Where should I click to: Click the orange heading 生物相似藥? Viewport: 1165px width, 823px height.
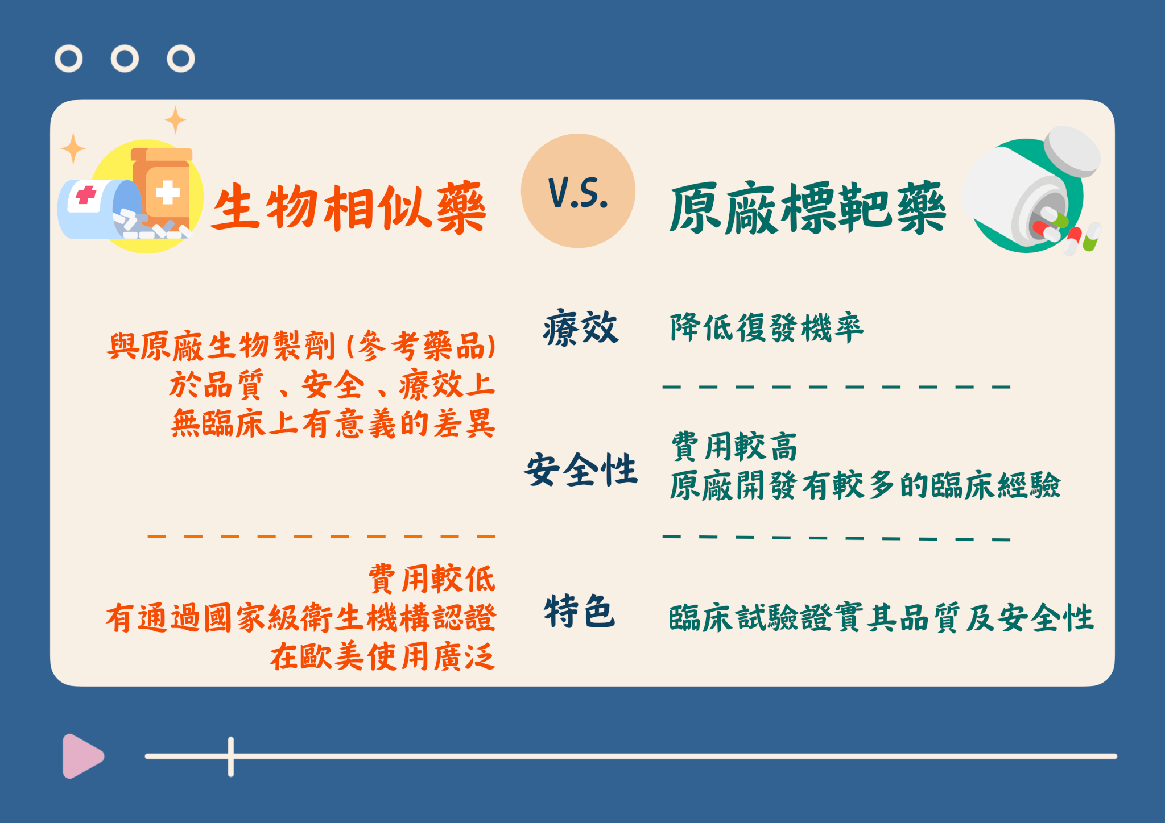(348, 207)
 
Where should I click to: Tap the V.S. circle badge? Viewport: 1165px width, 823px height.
(578, 191)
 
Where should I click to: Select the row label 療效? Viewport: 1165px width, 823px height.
(580, 328)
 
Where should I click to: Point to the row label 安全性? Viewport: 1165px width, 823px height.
(581, 470)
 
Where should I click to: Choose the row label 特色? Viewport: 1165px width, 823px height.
(580, 611)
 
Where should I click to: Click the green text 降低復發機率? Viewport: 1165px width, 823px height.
(766, 328)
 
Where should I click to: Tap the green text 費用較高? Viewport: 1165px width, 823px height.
(734, 446)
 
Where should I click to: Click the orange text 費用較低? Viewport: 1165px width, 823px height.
(432, 579)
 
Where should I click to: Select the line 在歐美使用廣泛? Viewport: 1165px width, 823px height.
(382, 656)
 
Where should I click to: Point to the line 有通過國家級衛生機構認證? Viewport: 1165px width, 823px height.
(301, 618)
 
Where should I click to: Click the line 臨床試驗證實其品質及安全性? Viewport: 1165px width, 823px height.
(881, 618)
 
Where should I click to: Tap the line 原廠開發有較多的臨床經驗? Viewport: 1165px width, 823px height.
(865, 485)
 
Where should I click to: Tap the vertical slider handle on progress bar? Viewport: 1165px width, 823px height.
(231, 757)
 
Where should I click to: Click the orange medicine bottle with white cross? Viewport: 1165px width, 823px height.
(162, 188)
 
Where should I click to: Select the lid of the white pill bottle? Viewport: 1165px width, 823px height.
(1072, 150)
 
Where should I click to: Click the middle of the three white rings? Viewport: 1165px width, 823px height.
(125, 59)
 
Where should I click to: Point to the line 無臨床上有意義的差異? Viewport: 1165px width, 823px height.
(333, 423)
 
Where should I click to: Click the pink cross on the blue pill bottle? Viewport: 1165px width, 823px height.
(86, 195)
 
